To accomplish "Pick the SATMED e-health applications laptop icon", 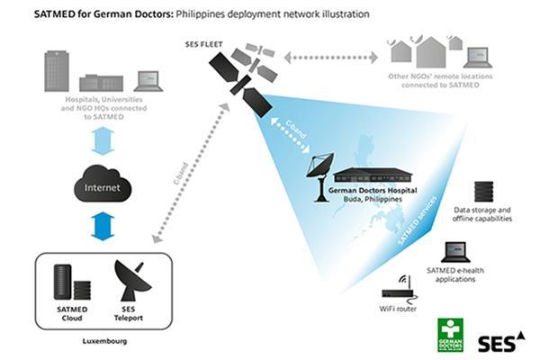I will point(455,252).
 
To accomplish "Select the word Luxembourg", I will point(101,342).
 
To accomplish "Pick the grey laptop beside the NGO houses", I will point(476,55).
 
